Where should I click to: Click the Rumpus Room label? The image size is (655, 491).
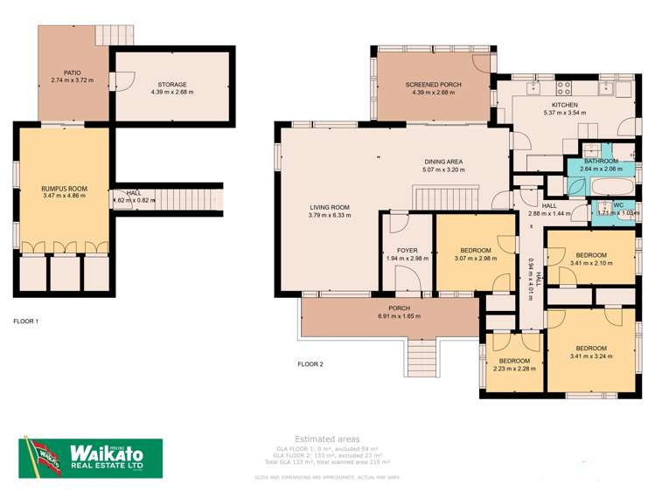point(60,187)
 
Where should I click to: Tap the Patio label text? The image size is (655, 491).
point(72,73)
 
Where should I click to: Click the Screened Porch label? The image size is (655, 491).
point(433,84)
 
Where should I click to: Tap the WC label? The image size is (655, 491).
point(617,205)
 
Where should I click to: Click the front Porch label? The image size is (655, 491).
point(400,308)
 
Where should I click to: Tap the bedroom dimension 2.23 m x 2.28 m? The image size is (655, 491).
point(514,369)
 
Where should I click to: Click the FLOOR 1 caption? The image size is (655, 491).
point(26,322)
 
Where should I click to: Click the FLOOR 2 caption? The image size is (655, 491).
point(310,363)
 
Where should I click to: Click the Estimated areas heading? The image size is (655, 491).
point(327,439)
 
